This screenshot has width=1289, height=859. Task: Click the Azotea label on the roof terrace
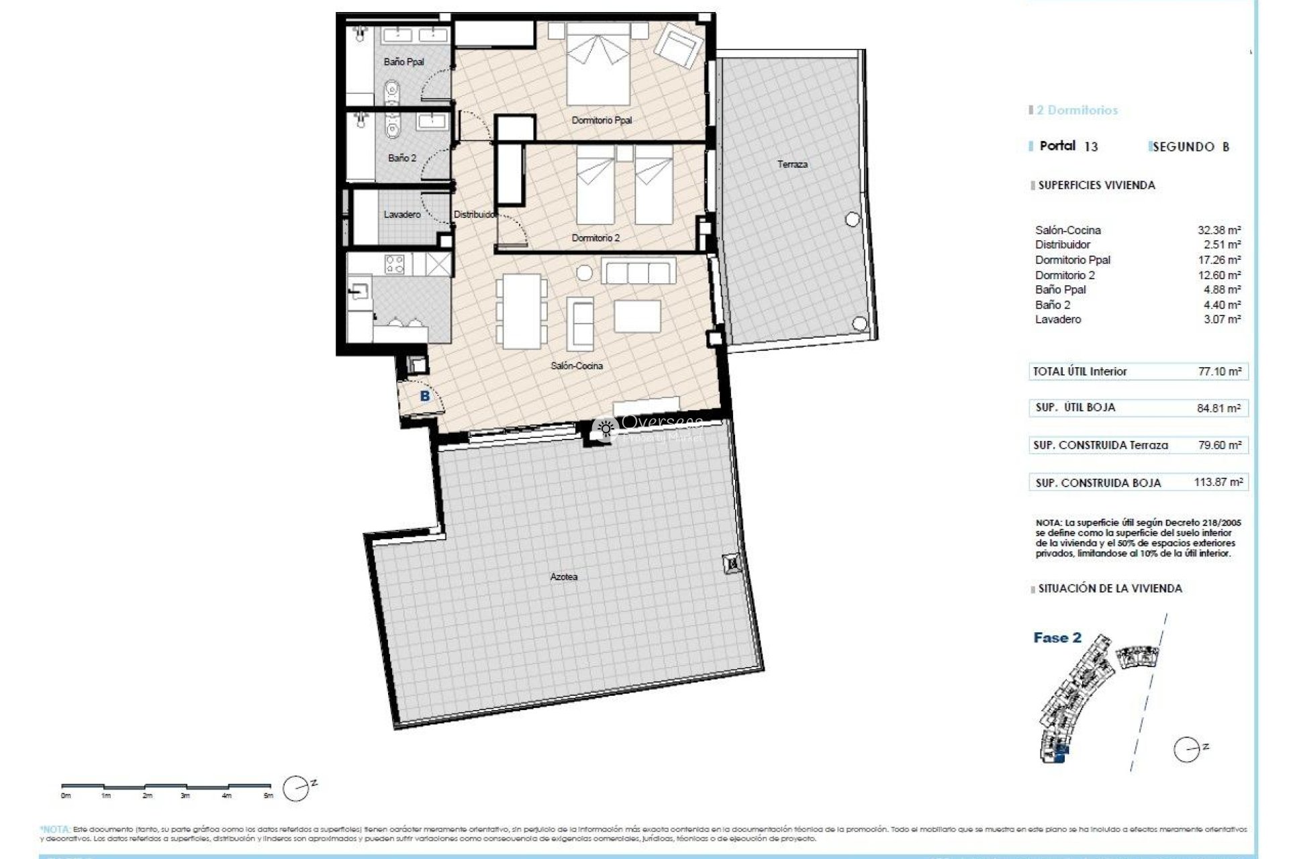(563, 576)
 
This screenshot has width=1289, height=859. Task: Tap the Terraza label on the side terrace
(792, 164)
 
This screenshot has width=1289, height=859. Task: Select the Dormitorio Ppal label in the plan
(602, 120)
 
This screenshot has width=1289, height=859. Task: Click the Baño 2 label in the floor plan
(401, 158)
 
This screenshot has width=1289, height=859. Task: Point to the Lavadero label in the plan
(402, 214)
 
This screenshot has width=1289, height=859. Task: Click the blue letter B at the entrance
(424, 397)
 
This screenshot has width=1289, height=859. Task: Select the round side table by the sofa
(585, 272)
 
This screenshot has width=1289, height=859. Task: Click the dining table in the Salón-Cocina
(521, 310)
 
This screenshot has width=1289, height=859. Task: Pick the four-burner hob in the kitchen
(394, 264)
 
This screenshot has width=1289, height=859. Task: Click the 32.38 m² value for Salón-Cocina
(1219, 230)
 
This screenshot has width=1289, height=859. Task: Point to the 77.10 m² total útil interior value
(1219, 371)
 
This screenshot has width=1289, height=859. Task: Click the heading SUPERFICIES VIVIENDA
(1096, 185)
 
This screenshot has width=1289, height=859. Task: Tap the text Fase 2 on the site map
(1057, 638)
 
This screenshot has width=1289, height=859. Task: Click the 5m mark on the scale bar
(269, 795)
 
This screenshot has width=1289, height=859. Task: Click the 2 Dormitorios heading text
(1077, 110)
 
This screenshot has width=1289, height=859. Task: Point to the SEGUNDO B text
(1190, 147)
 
